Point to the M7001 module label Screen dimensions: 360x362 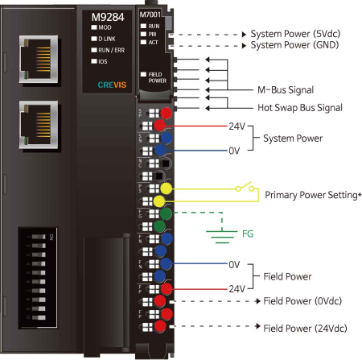pyautogui.click(x=149, y=14)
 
